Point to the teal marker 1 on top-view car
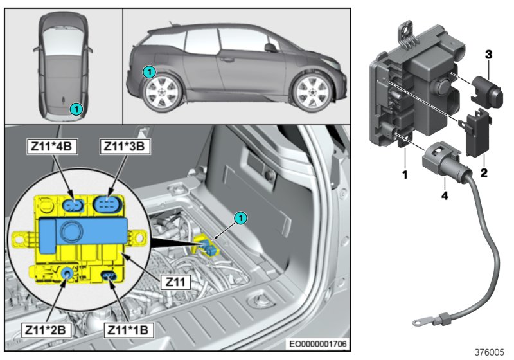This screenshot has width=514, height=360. tap(76, 109)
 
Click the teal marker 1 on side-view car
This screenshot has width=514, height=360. tap(149, 72)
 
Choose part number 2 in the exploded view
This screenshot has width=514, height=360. tap(483, 173)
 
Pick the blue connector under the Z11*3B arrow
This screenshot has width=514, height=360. tap(107, 203)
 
